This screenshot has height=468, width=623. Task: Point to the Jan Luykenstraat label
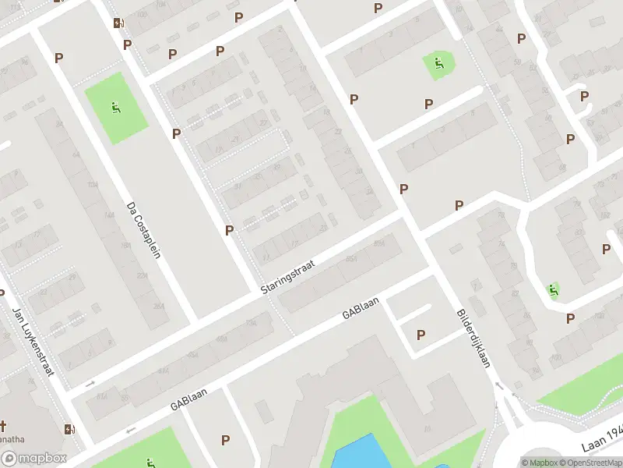(32, 341)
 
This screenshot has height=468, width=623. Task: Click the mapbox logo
(34, 459)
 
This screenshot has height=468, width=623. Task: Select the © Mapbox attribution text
(540, 463)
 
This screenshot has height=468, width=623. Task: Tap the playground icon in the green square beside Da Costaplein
(116, 108)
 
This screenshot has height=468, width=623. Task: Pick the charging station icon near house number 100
(118, 23)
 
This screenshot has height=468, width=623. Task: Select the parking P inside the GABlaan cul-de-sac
(421, 335)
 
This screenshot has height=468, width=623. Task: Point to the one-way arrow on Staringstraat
(90, 383)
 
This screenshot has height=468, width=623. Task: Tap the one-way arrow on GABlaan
(129, 429)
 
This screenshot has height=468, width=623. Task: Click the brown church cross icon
(3, 426)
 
